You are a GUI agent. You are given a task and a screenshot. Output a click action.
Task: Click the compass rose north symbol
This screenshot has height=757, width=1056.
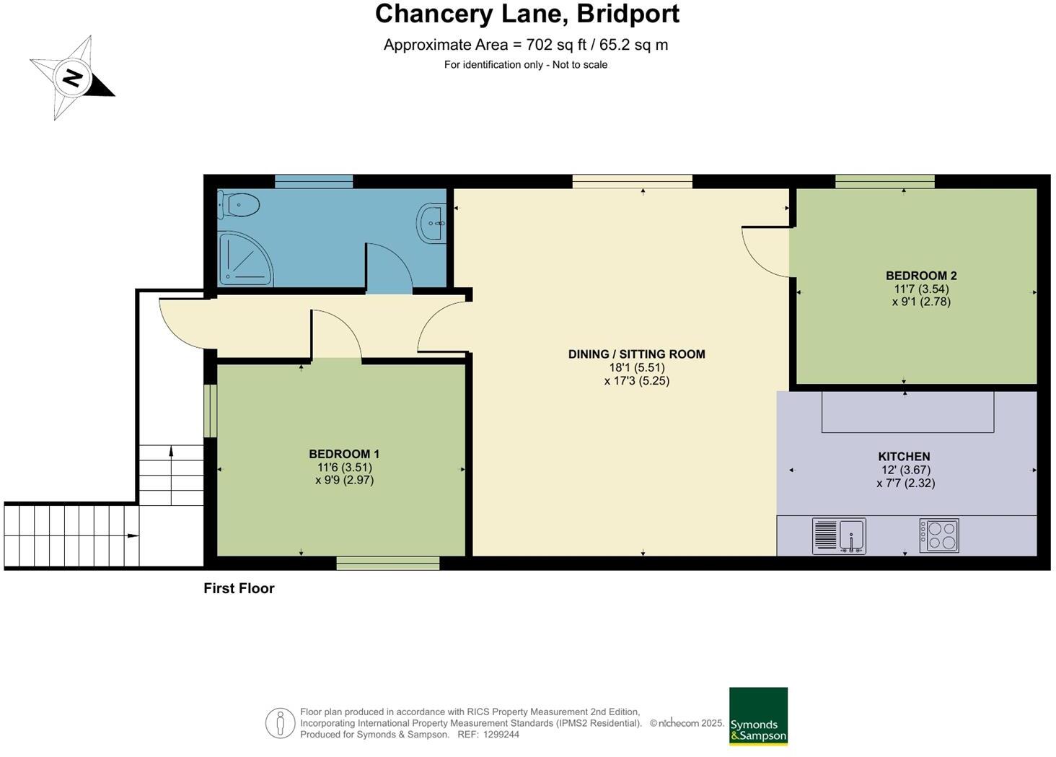(72, 77)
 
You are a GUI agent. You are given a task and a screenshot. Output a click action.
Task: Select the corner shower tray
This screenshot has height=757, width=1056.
(244, 258)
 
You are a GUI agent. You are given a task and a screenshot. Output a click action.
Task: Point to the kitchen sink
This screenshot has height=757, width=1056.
(839, 536)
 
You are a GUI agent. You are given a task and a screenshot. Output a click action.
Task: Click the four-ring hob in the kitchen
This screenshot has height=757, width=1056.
(939, 536)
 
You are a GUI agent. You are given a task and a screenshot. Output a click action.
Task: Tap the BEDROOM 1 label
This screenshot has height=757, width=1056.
(344, 454)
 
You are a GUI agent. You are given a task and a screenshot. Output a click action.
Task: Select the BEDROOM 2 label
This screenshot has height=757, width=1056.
(921, 276)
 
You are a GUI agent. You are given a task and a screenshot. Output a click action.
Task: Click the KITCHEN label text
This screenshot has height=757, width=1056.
(904, 457)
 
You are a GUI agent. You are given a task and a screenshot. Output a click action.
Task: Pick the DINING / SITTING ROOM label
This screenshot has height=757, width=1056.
(636, 354)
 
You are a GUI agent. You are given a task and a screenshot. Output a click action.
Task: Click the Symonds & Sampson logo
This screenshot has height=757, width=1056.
(758, 716)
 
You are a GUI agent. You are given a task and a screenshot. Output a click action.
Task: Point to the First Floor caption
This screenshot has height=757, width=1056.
(239, 588)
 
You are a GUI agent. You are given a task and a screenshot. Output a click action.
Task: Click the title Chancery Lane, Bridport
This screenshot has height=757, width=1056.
(527, 14)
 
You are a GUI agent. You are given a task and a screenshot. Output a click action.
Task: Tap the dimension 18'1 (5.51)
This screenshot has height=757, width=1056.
(636, 367)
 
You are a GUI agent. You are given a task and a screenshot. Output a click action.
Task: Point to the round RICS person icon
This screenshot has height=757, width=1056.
(280, 722)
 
